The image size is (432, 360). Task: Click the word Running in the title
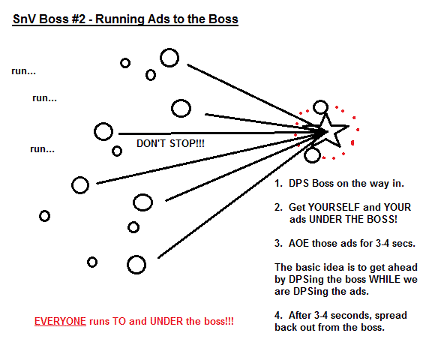click(119, 19)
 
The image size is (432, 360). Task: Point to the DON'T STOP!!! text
click(170, 143)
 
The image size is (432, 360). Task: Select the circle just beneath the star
click(304, 155)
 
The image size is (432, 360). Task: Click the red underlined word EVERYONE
click(60, 321)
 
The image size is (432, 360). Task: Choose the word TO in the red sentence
click(119, 321)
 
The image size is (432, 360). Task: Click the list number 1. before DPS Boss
click(278, 184)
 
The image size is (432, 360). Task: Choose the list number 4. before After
click(278, 316)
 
